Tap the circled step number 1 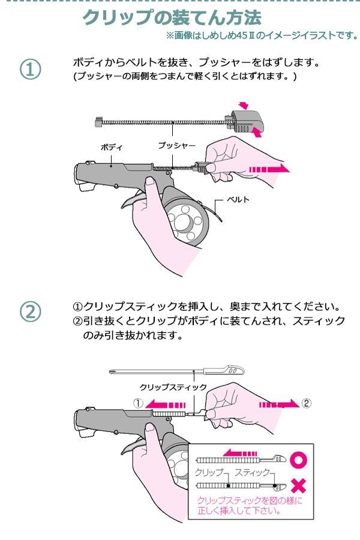point(31,70)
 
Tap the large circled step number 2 point(31,312)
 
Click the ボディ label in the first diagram point(112,147)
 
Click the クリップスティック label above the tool point(173,387)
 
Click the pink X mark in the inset point(298,485)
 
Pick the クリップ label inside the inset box point(209,473)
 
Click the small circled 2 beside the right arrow point(307,403)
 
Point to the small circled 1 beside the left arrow point(138,403)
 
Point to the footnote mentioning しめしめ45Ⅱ point(263,35)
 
